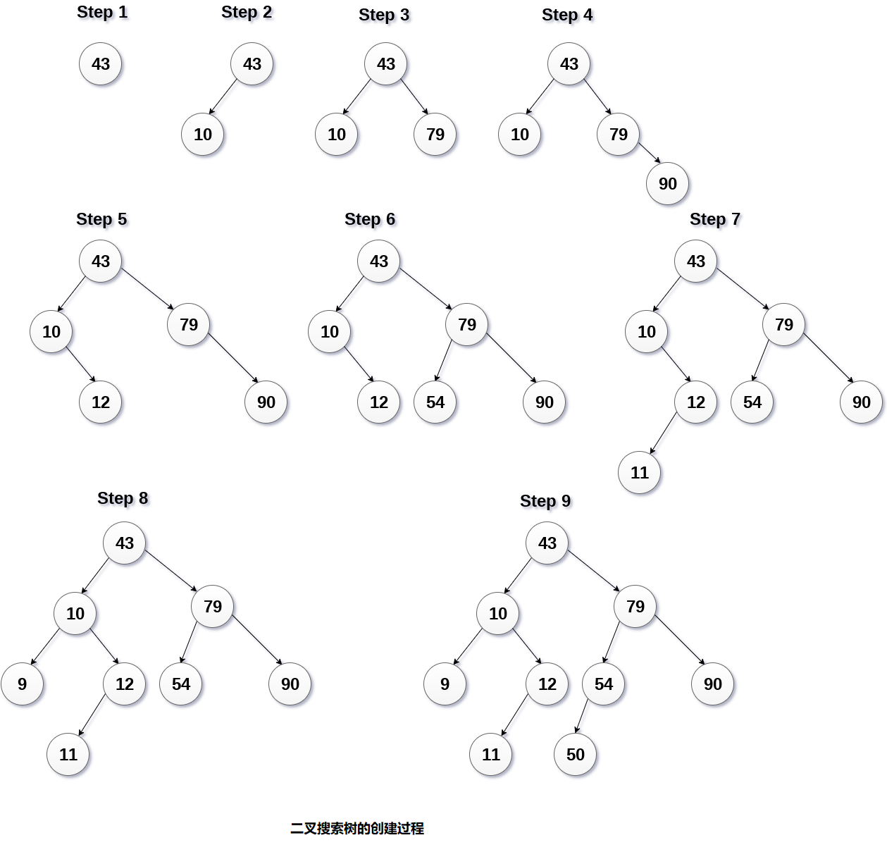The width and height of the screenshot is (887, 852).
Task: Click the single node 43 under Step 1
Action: [x=101, y=64]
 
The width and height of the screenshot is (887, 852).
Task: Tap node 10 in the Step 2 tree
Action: [x=203, y=135]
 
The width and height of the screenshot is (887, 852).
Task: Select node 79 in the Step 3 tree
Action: [x=435, y=135]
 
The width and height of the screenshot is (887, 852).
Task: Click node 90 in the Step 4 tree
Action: [x=668, y=184]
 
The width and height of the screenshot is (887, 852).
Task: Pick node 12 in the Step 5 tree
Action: [x=101, y=402]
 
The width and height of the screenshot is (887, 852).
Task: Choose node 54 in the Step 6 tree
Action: [x=435, y=402]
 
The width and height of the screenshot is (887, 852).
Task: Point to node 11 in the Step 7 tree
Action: [x=640, y=473]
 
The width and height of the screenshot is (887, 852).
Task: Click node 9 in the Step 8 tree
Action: [x=23, y=684]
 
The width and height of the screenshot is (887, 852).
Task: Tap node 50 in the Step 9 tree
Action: [x=576, y=755]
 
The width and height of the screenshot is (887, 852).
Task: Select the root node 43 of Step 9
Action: [x=547, y=543]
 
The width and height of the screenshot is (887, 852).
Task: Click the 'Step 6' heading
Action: [x=370, y=219]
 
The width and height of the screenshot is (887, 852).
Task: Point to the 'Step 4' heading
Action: [x=567, y=15]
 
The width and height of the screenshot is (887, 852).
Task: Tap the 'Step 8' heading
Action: [x=123, y=498]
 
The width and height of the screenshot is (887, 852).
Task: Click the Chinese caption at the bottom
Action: [x=357, y=829]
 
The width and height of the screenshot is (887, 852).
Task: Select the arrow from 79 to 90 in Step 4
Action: [x=650, y=153]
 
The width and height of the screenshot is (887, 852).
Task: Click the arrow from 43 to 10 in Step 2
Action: [x=223, y=97]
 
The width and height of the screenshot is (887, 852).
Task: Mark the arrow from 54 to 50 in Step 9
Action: [x=582, y=716]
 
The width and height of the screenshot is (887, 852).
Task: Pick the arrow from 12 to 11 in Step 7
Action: [x=664, y=433]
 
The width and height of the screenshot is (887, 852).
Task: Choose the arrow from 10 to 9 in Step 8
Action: [x=46, y=646]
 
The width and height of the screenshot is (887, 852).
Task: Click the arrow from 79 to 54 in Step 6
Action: [x=443, y=360]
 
